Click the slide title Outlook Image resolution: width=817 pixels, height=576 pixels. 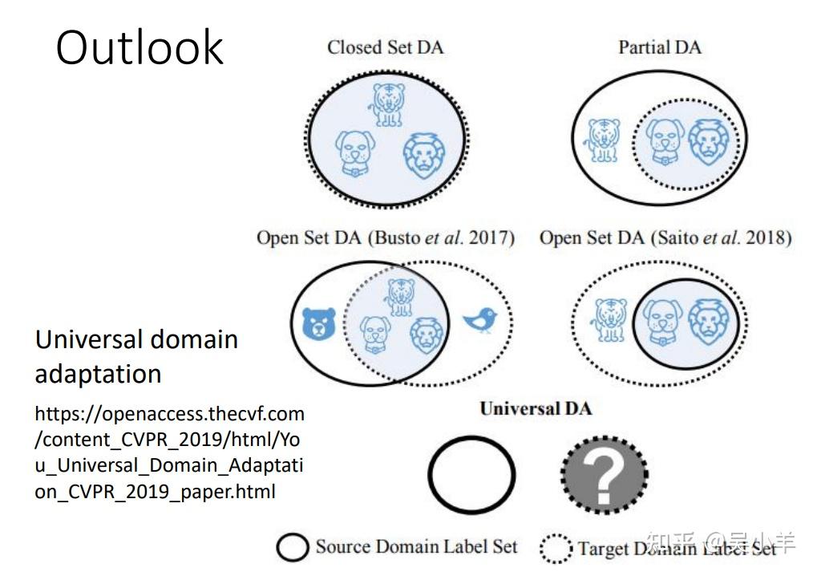(x=140, y=47)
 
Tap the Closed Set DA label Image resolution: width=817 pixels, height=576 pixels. (x=385, y=47)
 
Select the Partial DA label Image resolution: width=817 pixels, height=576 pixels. (x=659, y=47)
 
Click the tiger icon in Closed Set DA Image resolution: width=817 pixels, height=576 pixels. (x=389, y=103)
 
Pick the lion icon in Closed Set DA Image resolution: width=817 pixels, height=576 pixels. (x=423, y=155)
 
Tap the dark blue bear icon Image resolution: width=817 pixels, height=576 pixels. (x=319, y=325)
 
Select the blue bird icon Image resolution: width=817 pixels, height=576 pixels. (x=480, y=320)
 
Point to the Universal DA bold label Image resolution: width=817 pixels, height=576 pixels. (x=536, y=408)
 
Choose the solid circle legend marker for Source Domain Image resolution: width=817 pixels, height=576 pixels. (x=293, y=548)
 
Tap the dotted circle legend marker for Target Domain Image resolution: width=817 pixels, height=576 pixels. (x=555, y=550)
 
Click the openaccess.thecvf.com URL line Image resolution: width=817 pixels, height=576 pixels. (x=169, y=415)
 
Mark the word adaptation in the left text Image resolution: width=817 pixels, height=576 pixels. (x=98, y=374)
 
